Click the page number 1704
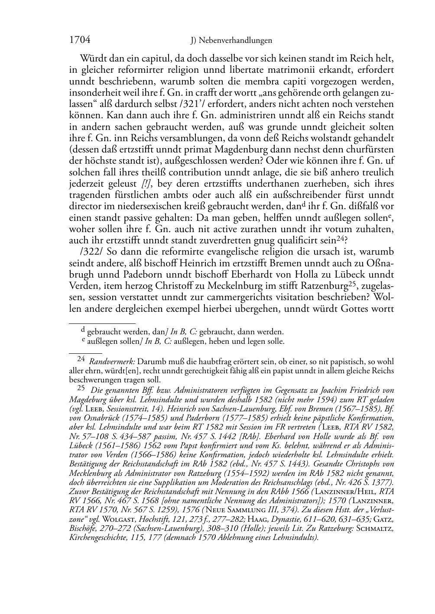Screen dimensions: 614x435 [80, 40]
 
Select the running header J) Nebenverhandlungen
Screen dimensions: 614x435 [231, 41]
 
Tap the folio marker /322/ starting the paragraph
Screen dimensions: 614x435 [89, 251]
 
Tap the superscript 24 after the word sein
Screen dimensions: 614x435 [341, 238]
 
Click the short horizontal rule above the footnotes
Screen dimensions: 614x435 [102, 323]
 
